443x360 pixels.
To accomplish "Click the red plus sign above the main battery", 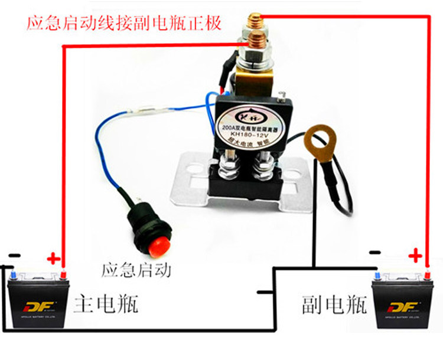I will coord(53,258).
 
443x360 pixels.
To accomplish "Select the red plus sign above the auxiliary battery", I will coord(416,256).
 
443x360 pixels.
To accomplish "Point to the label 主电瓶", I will coord(106,305).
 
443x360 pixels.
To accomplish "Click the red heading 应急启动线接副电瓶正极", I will coord(123,24).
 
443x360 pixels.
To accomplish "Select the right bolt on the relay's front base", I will coord(260,166).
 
